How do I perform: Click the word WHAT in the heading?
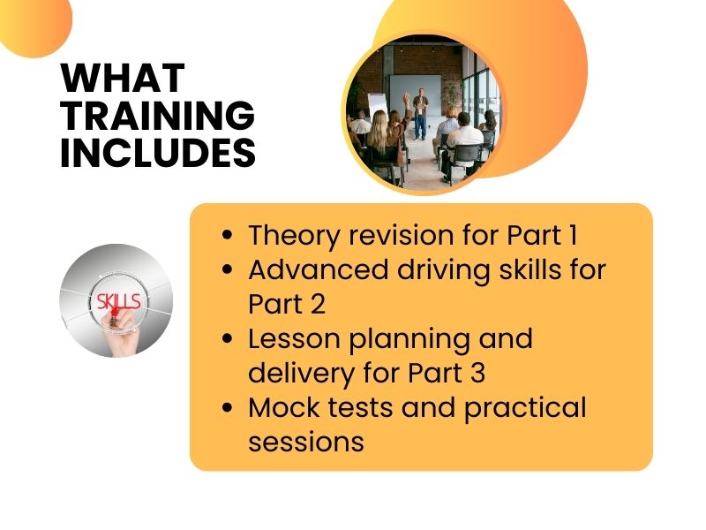click(123, 79)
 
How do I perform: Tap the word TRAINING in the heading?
click(157, 116)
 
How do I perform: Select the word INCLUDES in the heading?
click(157, 153)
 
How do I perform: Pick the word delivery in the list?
click(301, 373)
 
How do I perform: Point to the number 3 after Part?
click(476, 373)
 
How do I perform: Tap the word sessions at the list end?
click(305, 441)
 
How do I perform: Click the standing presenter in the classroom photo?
click(422, 110)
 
